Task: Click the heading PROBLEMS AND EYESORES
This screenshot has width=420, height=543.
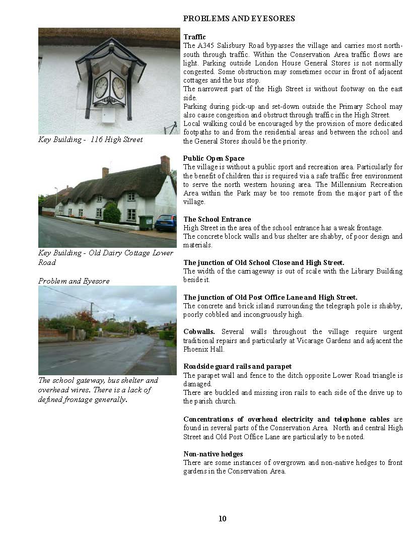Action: tap(239, 19)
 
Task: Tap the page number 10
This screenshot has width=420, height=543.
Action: tap(223, 519)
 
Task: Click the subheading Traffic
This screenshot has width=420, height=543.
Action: tap(194, 37)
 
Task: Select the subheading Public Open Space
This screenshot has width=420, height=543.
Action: tap(214, 158)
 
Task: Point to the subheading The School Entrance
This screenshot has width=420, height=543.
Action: tap(217, 219)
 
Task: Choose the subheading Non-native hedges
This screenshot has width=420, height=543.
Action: tap(213, 454)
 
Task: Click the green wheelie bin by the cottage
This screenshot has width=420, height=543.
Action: tap(146, 222)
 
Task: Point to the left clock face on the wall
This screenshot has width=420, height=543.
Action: tap(101, 87)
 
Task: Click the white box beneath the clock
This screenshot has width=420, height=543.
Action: tap(107, 115)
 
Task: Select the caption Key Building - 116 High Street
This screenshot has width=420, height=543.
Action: tap(90, 140)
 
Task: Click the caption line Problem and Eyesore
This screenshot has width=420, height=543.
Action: tap(74, 281)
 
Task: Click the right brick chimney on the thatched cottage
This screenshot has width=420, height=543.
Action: tap(165, 164)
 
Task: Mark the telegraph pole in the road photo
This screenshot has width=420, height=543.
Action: tap(91, 317)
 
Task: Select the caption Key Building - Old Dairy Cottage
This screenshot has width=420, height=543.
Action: tap(105, 253)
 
